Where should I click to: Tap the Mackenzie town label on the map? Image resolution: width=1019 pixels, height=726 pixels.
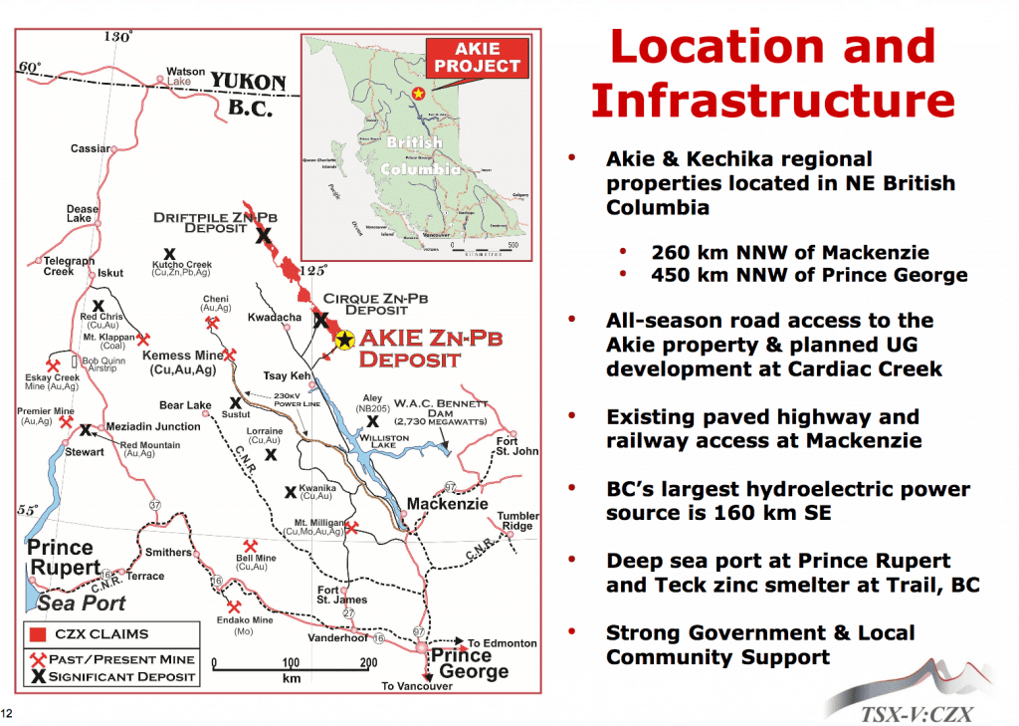(x=448, y=504)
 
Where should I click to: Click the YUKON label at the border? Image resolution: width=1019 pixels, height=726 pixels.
(x=248, y=82)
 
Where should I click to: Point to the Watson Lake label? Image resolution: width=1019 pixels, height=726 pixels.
(x=186, y=77)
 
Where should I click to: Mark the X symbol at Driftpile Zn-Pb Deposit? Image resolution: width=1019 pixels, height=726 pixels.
(x=263, y=236)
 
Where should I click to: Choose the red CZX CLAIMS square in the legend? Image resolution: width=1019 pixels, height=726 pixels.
(x=39, y=633)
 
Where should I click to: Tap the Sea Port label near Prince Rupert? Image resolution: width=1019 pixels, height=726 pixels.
(x=82, y=603)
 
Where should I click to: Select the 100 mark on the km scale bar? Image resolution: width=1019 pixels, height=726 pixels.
(x=291, y=662)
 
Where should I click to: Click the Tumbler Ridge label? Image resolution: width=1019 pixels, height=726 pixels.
(x=517, y=521)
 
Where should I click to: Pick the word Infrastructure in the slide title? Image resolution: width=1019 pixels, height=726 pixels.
(x=771, y=101)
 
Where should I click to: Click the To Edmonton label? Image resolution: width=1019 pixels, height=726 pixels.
(x=503, y=643)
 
